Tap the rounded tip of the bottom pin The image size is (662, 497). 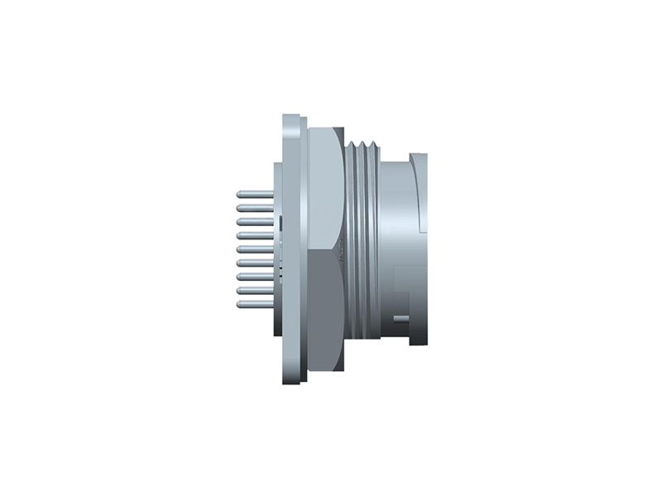tap(239, 304)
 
